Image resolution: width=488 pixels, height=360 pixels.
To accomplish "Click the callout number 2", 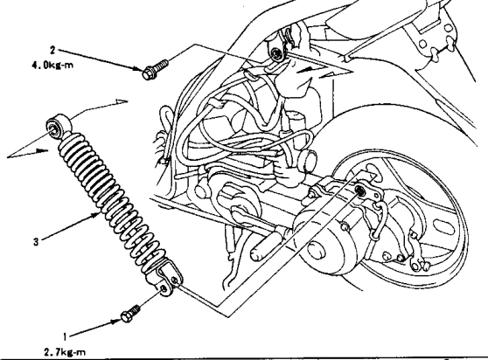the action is coord(52,50).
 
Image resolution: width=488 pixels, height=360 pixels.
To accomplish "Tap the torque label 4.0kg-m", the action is coord(52,65).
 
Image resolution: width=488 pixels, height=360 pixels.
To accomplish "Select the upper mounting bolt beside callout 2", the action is coord(155,69).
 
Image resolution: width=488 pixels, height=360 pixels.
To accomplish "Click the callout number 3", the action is coord(36,241).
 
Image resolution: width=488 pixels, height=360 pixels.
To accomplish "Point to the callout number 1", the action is coord(65,336).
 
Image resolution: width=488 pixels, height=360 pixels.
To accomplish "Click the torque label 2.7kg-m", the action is coord(65,352).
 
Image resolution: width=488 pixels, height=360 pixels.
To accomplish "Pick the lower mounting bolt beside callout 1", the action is coord(129,314).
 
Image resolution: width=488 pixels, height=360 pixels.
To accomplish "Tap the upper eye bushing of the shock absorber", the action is coord(58,125).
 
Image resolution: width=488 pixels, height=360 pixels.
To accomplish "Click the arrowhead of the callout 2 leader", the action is coord(137,69).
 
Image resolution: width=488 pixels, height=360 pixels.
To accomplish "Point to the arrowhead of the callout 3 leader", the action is coord(97,214).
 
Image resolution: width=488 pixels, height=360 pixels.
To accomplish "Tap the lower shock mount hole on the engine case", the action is coord(360,190).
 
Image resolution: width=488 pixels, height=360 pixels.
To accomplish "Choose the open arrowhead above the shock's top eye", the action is coord(122,101).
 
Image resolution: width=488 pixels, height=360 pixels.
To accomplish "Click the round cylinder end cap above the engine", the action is coord(309,159).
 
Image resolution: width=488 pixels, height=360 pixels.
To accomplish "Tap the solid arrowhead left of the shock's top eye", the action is coord(42,151).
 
